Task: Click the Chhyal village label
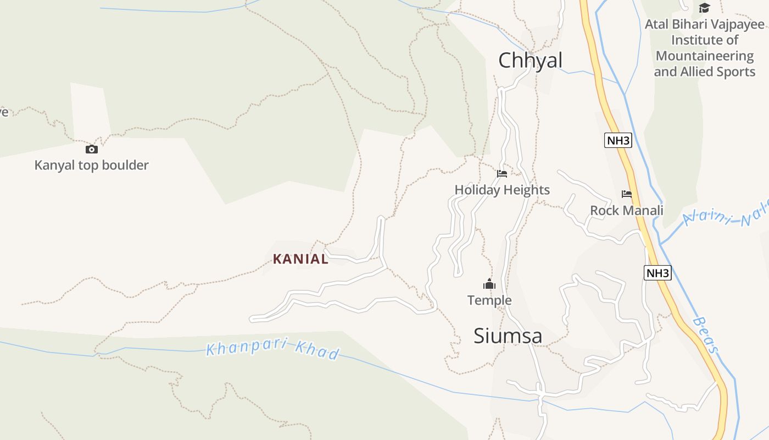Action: [530, 61]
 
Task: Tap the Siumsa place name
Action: [508, 336]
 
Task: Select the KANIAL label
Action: [300, 259]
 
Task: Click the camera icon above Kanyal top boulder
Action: [91, 149]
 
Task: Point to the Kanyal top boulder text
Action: [91, 165]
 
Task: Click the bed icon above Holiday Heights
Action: [502, 174]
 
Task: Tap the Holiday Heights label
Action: [502, 190]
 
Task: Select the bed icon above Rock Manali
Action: [627, 194]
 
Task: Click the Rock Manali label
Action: [627, 211]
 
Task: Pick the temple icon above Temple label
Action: [489, 284]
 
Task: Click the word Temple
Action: [489, 300]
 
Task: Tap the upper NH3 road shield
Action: [618, 140]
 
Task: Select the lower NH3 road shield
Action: [657, 273]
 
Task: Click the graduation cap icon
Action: [704, 8]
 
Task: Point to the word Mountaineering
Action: [705, 56]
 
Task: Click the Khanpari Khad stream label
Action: [273, 350]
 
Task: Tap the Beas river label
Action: [706, 334]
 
